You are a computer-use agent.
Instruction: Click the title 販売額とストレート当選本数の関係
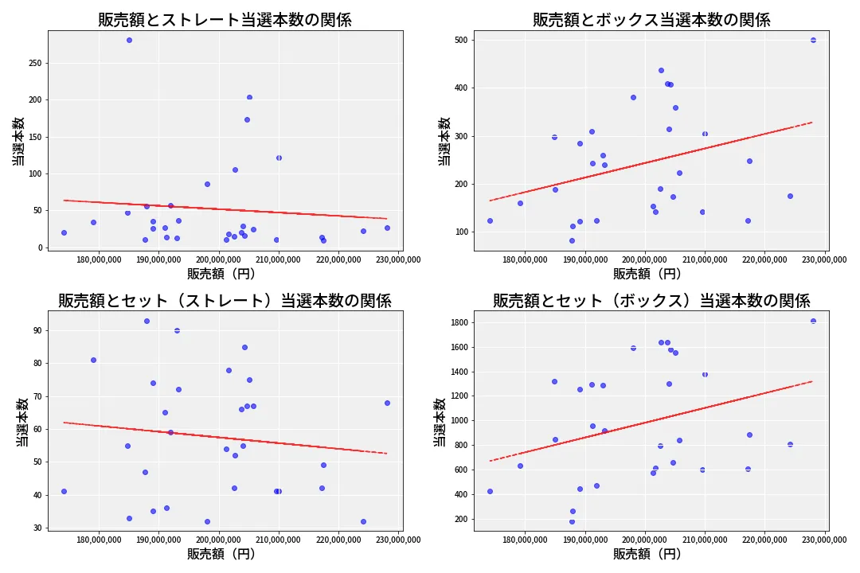coord(225,20)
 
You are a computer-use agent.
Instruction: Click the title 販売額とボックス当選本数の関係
coord(651,20)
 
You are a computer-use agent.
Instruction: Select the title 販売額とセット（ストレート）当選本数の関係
coord(225,301)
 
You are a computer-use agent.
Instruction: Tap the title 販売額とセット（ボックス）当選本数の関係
coord(651,301)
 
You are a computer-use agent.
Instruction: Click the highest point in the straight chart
coord(129,40)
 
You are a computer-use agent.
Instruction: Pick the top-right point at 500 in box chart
coord(813,40)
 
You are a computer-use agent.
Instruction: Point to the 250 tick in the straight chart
coord(34,63)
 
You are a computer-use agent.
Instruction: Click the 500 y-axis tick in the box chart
coord(461,40)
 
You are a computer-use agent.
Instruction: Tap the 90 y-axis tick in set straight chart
coord(37,330)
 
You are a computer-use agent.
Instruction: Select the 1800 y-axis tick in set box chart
coord(458,322)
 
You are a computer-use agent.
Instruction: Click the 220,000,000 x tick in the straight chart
coord(338,259)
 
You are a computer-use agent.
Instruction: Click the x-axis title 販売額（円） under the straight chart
coord(221,274)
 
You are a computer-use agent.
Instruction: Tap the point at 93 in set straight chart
coord(147,321)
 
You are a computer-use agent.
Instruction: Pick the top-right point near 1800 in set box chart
coord(813,321)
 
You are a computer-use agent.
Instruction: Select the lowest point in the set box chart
coord(572,522)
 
